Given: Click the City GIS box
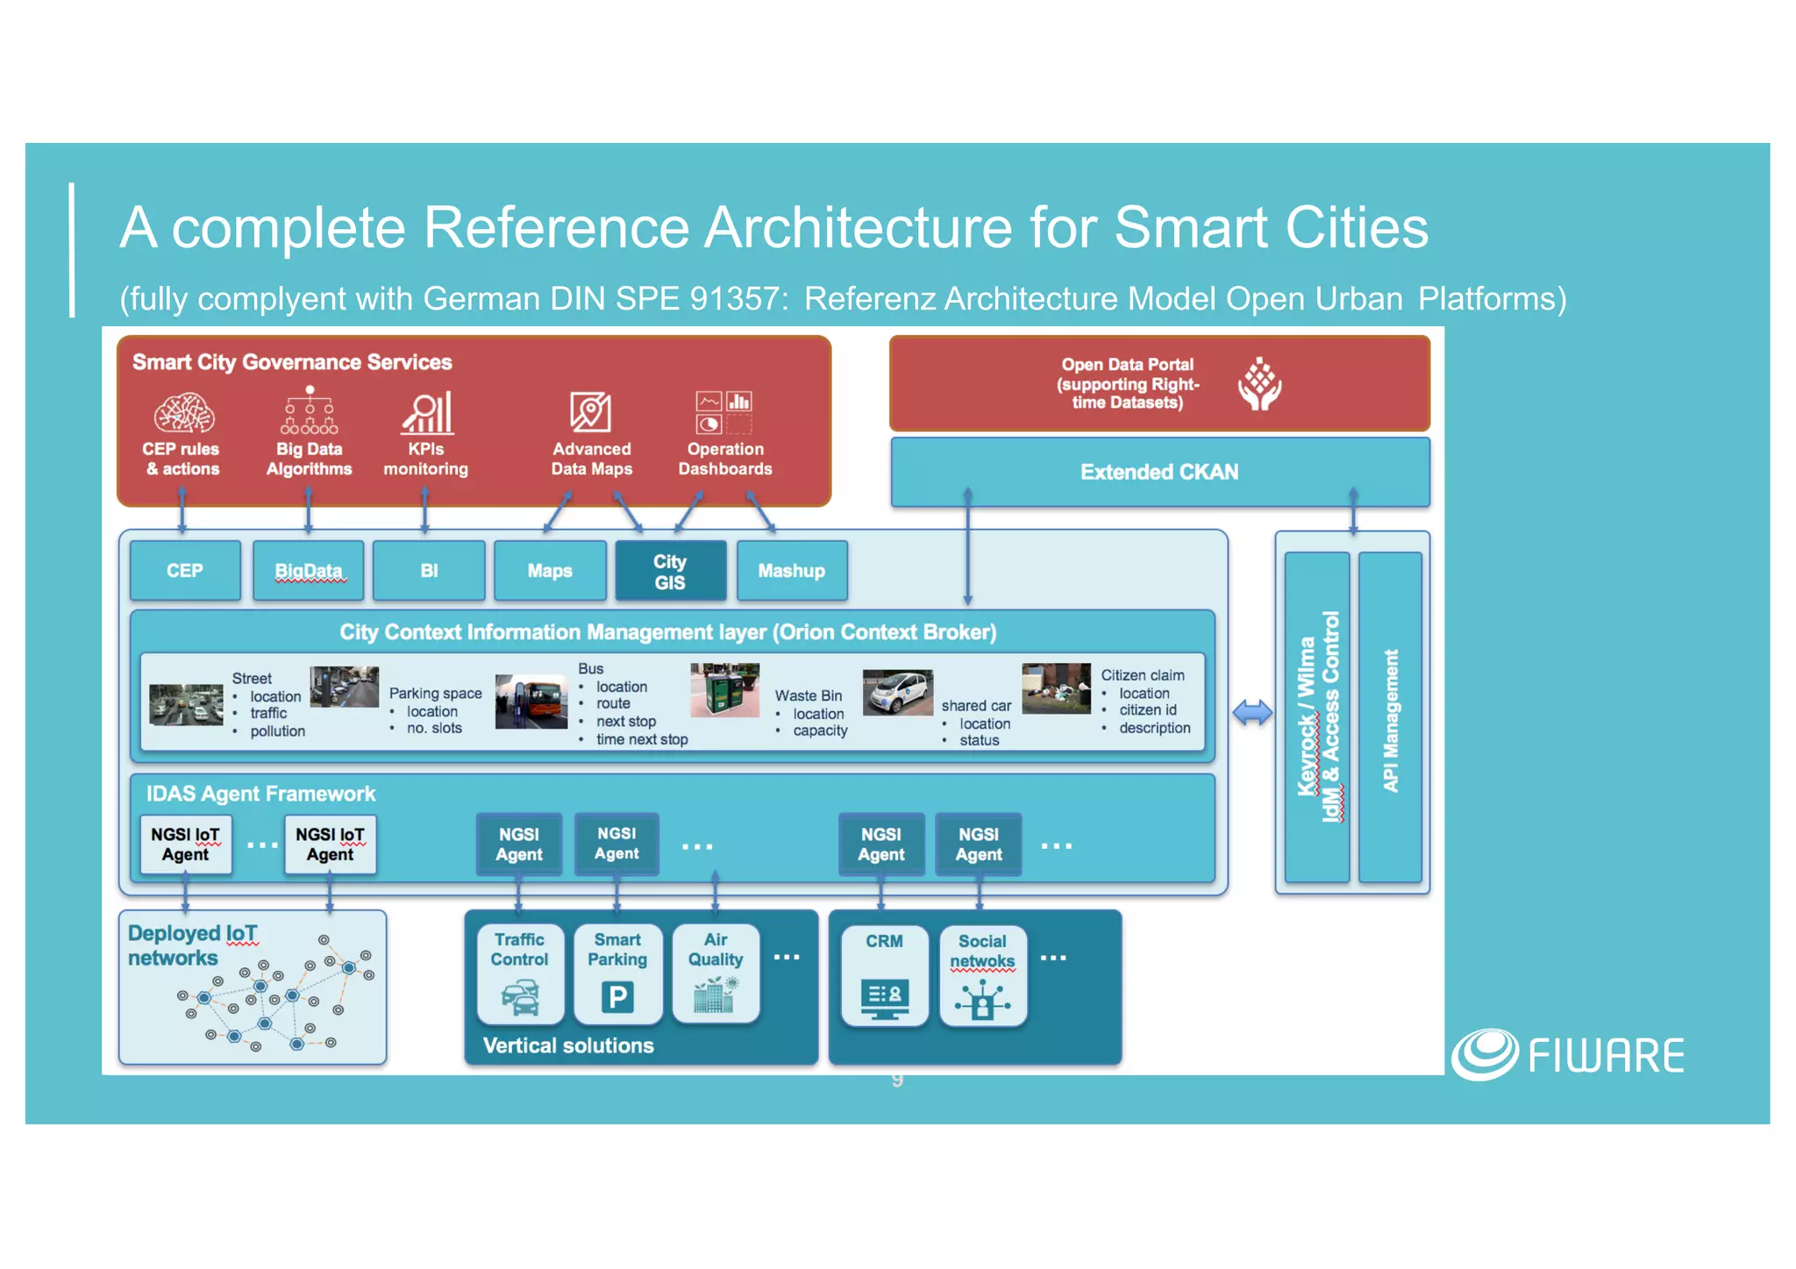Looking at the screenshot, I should pos(670,571).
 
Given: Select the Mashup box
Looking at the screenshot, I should pos(791,571).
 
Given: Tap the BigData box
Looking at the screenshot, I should pos(308,571).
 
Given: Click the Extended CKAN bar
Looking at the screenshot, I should pos(1159,472).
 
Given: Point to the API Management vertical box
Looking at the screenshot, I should pos(1390,717).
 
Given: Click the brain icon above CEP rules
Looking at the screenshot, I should pos(183,413).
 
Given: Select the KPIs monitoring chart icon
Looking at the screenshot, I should pos(427,412).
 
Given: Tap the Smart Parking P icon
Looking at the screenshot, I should pos(617,997).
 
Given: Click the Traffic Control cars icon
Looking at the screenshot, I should pos(520,998).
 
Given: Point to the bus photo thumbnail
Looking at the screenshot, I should pos(531,702).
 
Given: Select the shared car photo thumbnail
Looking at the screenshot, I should pos(897,693).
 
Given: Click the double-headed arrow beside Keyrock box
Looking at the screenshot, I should pos(1251,712).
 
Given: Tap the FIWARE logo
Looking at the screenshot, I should pos(1567,1055).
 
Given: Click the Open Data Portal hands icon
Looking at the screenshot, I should pos(1259,384).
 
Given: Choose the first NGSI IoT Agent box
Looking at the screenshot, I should pos(185,845).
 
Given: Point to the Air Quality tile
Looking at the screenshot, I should pos(715,974).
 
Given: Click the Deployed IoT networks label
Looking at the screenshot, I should pos(193,945).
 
